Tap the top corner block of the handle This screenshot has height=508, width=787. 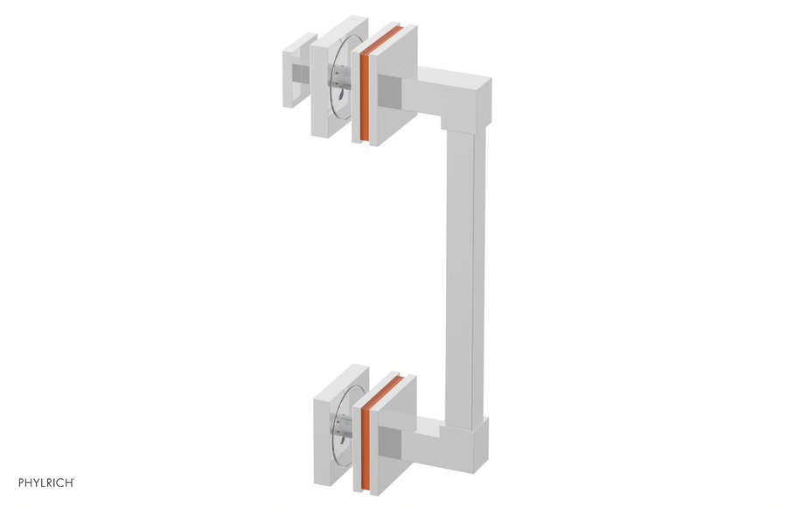tap(469, 101)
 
